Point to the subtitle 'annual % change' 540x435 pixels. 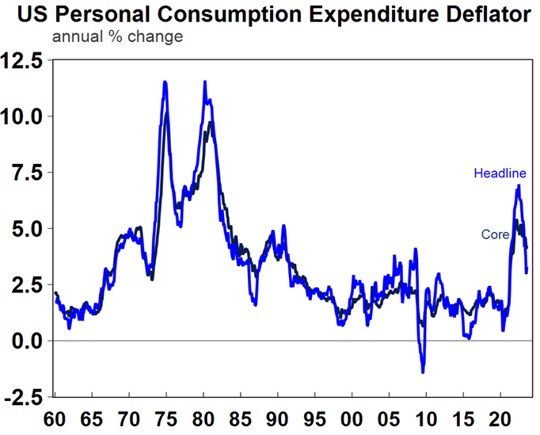(x=117, y=36)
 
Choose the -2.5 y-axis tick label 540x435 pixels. (x=26, y=396)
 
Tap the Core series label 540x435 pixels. (x=495, y=235)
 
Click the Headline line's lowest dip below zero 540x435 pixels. (x=423, y=372)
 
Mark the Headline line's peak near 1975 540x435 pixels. (x=165, y=82)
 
